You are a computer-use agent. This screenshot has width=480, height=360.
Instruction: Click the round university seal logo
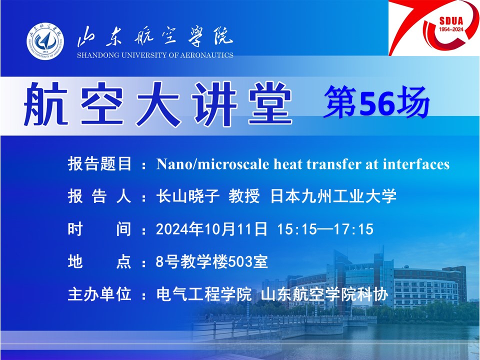[x=45, y=41]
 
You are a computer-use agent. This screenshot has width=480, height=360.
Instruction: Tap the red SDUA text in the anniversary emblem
[x=451, y=21]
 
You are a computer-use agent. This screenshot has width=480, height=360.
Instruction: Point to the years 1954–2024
[x=451, y=29]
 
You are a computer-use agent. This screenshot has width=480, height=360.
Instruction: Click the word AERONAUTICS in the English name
[x=207, y=55]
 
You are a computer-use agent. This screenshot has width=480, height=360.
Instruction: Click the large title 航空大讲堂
[x=158, y=104]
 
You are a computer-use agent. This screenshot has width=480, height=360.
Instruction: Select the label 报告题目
[x=99, y=164]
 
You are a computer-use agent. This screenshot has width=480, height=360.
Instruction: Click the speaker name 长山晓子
[x=187, y=196]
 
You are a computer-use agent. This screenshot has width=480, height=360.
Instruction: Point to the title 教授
[x=244, y=196]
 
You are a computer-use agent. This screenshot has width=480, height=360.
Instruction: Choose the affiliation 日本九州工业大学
[x=333, y=196]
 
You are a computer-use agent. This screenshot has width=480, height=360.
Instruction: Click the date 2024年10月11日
[x=211, y=229]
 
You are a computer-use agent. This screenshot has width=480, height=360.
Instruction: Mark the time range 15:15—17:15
[x=325, y=229]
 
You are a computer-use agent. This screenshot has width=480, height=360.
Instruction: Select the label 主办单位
[x=99, y=294]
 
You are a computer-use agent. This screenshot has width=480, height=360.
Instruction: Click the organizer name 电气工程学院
[x=204, y=294]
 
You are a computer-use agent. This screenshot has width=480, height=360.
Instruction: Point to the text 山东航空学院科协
[x=325, y=294]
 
